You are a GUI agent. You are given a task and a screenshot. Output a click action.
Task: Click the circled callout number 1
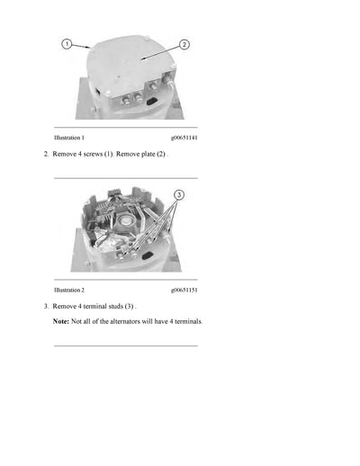click(66, 43)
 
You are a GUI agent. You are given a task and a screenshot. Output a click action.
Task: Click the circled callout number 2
click(184, 44)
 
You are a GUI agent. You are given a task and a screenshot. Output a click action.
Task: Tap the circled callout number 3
click(178, 194)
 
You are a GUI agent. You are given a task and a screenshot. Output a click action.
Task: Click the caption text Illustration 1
click(69, 138)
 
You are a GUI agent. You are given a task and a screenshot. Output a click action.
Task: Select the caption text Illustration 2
click(69, 290)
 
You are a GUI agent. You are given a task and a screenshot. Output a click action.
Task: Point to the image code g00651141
click(184, 138)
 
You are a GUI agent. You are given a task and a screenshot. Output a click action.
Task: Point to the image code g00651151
click(184, 290)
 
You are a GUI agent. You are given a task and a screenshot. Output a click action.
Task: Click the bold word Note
click(60, 321)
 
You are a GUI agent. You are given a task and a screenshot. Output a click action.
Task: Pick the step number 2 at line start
click(45, 155)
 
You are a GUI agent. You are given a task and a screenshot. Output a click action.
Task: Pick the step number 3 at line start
click(45, 306)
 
